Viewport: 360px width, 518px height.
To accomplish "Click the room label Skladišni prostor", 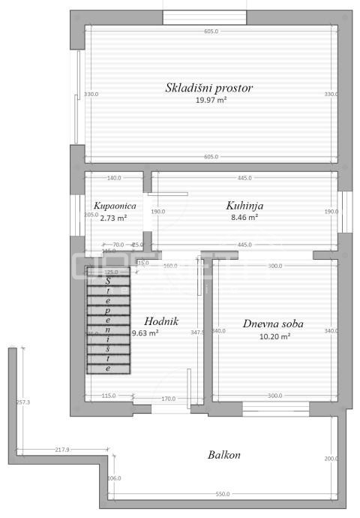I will pyautogui.click(x=209, y=88).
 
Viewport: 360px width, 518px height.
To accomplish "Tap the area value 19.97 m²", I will pyautogui.click(x=211, y=100).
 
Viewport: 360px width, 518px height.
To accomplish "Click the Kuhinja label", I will pyautogui.click(x=244, y=205).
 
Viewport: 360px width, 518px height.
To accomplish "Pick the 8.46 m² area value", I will pyautogui.click(x=244, y=217).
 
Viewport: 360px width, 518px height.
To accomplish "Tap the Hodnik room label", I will pyautogui.click(x=161, y=321).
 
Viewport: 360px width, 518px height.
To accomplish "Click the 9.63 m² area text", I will pyautogui.click(x=145, y=333).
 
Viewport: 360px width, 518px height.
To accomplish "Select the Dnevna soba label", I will pyautogui.click(x=273, y=324).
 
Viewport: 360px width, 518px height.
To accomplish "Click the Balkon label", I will pyautogui.click(x=224, y=455).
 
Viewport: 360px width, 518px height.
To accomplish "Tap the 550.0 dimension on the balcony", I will pyautogui.click(x=223, y=494).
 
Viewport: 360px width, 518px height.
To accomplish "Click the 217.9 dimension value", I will pyautogui.click(x=62, y=450).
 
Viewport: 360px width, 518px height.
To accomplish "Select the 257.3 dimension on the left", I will pyautogui.click(x=22, y=402).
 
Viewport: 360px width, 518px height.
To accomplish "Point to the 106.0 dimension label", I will pyautogui.click(x=115, y=478).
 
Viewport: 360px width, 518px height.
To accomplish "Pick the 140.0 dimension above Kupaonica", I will pyautogui.click(x=114, y=178).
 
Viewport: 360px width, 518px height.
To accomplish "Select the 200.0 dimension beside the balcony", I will pyautogui.click(x=331, y=459).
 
